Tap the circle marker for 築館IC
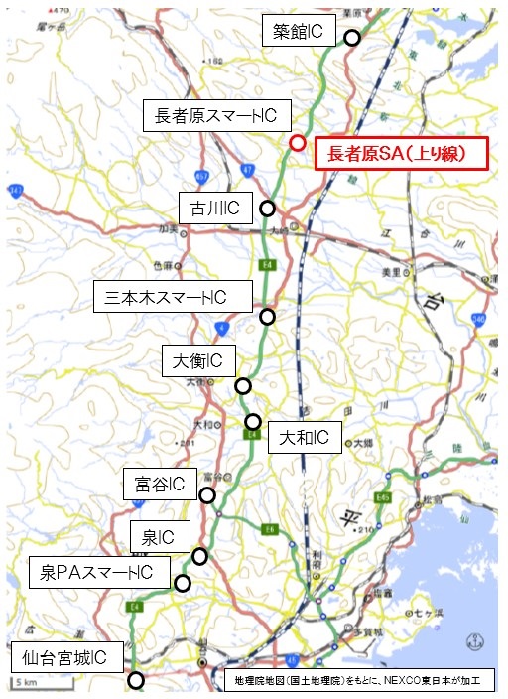click(x=351, y=38)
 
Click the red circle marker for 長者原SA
click(x=297, y=142)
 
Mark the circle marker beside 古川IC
click(x=267, y=209)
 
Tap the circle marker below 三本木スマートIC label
click(x=267, y=317)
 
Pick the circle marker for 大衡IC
click(x=242, y=385)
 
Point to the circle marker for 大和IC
click(x=253, y=421)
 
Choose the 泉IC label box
click(x=159, y=538)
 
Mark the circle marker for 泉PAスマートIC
click(x=182, y=583)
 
